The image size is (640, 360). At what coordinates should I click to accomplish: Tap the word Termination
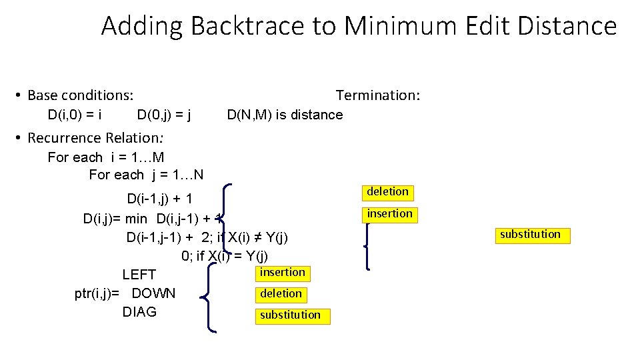tap(377, 95)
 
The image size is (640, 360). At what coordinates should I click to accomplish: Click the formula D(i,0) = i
tap(75, 115)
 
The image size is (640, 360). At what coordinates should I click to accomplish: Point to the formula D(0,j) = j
tap(164, 115)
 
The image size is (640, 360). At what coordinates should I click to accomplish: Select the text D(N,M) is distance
tap(285, 115)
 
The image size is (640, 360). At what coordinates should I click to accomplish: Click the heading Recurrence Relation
tap(95, 138)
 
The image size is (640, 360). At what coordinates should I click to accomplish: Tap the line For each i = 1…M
tap(106, 157)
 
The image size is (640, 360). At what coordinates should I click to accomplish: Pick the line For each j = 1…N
tap(147, 175)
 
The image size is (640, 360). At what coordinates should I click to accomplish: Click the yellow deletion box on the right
tap(387, 192)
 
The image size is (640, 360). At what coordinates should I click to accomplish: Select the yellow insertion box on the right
tap(389, 213)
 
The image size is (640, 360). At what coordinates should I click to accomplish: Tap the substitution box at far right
tap(530, 234)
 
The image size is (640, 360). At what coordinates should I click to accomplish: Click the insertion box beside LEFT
tap(282, 272)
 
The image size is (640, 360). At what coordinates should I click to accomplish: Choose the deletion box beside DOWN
tap(281, 293)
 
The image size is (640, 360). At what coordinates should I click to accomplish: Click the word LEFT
tap(139, 275)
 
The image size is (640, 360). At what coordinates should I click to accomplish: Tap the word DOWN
tap(153, 293)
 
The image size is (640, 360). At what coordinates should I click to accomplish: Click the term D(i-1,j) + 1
tap(160, 199)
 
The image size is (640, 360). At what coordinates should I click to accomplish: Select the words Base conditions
tap(80, 95)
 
